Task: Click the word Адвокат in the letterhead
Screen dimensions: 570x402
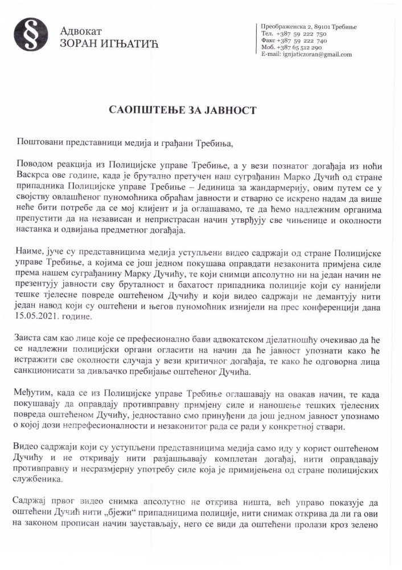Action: pyautogui.click(x=78, y=31)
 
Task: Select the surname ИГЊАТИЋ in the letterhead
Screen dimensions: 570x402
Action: pyautogui.click(x=126, y=43)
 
